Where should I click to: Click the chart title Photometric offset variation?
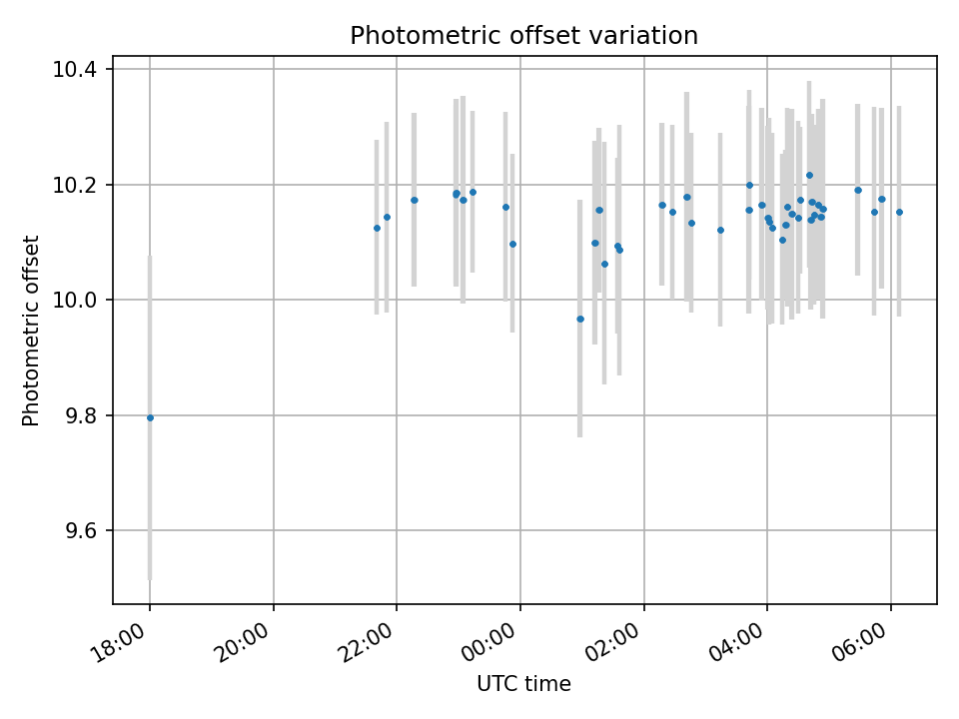click(x=523, y=36)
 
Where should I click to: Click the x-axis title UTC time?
click(x=523, y=684)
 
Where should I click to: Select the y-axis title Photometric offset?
click(x=31, y=331)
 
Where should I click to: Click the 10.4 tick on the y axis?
click(x=76, y=70)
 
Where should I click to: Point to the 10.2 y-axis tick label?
click(x=76, y=185)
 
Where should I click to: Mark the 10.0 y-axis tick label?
click(x=76, y=301)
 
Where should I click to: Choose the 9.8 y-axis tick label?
click(x=80, y=415)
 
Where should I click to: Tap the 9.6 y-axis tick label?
click(x=80, y=531)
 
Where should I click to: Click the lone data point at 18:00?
click(x=150, y=417)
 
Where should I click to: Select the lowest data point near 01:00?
click(x=580, y=319)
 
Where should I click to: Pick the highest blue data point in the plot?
click(x=809, y=175)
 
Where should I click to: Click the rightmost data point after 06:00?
click(x=899, y=212)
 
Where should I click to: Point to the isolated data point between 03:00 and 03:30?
click(x=720, y=230)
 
